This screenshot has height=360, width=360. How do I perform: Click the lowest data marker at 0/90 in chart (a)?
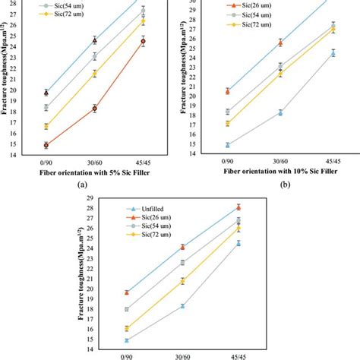[46, 145]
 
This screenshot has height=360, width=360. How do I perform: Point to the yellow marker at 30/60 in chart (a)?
[95, 74]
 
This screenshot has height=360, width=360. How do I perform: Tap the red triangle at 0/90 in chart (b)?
[227, 91]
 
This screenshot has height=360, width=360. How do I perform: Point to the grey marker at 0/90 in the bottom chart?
[127, 309]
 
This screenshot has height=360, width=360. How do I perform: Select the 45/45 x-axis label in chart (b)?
[333, 161]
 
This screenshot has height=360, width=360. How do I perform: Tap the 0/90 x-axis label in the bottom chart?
[127, 355]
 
